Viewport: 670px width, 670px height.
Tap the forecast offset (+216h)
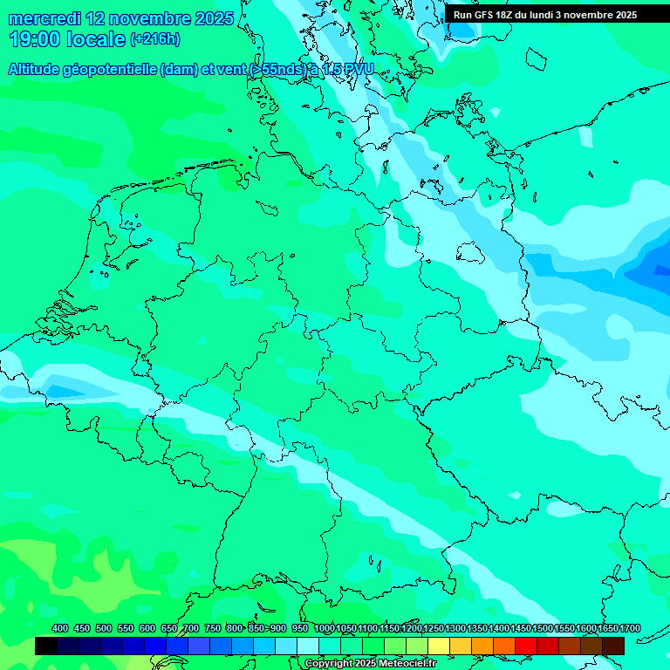[155, 39]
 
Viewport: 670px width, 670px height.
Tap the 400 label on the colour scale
[60, 628]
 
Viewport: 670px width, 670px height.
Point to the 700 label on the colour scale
[191, 628]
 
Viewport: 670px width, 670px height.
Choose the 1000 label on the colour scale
[324, 628]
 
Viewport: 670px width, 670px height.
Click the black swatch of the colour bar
[46, 646]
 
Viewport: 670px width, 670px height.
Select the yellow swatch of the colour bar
[439, 646]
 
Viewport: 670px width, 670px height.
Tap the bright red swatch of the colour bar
[526, 646]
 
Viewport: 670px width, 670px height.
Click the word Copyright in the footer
[329, 664]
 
